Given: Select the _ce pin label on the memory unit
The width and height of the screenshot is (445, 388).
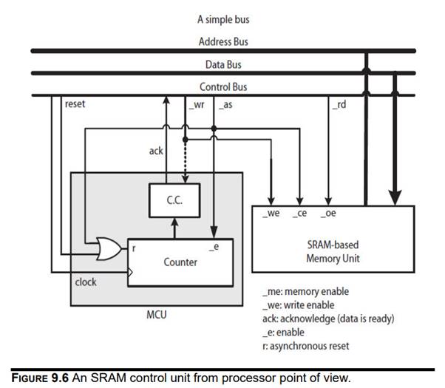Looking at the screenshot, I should click(x=299, y=214).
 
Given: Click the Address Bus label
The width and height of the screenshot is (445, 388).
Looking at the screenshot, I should click(x=222, y=42).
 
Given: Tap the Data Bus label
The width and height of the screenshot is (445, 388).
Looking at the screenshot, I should click(x=222, y=64).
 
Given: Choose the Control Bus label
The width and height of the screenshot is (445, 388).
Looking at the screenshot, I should click(x=222, y=87).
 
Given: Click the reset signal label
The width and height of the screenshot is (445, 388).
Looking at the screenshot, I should click(x=75, y=104).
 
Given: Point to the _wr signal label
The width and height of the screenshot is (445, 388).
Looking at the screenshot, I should click(x=196, y=106).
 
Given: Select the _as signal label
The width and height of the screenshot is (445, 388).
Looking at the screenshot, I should click(x=225, y=106).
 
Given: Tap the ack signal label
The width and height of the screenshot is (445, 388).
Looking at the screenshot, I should click(x=156, y=151).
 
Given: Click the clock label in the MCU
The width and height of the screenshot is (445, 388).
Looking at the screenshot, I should click(x=86, y=282).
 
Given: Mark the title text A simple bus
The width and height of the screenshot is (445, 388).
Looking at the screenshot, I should click(x=222, y=19).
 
